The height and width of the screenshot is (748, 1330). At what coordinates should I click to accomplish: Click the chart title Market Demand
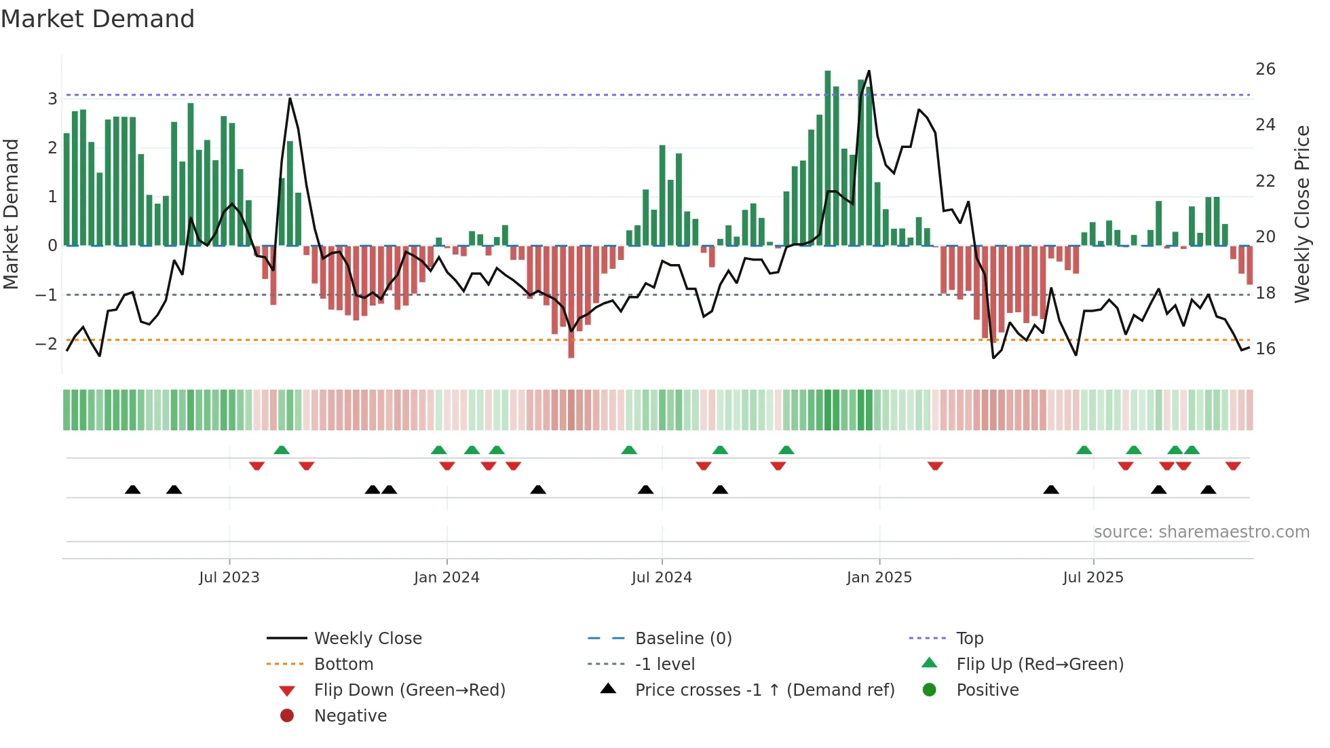click(98, 19)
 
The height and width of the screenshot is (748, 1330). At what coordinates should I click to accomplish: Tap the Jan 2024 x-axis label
click(446, 578)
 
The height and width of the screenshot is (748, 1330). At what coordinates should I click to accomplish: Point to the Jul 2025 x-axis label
click(1092, 578)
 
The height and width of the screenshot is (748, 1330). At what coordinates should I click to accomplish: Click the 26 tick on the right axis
click(1265, 69)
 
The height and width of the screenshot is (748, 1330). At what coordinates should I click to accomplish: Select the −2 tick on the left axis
click(46, 344)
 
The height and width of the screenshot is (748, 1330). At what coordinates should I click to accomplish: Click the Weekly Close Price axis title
click(1301, 214)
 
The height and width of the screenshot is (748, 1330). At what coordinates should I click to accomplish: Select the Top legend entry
click(969, 639)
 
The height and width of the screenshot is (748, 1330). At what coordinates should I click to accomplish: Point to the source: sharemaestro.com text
click(1201, 532)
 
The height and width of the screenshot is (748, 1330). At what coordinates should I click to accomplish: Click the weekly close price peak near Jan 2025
click(869, 71)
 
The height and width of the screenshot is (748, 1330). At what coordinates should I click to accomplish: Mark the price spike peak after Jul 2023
click(290, 99)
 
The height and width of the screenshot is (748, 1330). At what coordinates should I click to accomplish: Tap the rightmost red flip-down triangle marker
click(1233, 466)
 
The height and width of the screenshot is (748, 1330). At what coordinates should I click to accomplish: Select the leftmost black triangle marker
click(133, 489)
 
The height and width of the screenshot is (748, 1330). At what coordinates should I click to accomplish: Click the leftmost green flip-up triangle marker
click(282, 450)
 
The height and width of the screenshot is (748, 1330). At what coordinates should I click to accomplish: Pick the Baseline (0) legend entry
click(683, 639)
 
